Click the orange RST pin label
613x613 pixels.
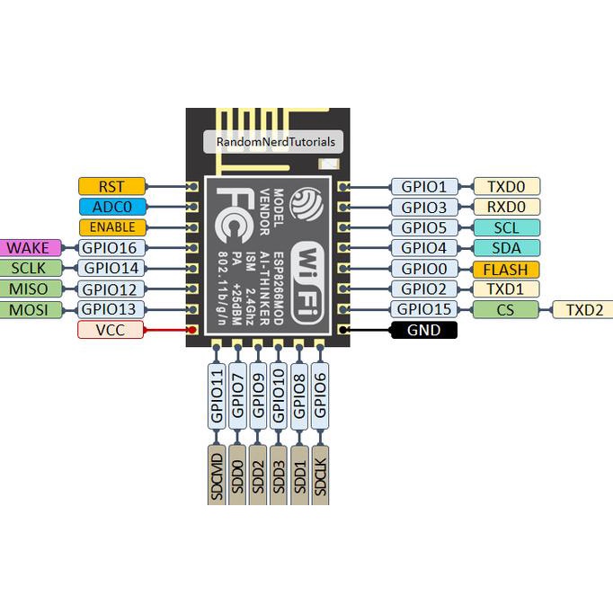(x=111, y=186)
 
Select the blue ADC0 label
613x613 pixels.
(x=111, y=207)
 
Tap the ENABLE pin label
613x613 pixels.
(x=111, y=227)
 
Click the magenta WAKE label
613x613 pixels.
(x=30, y=247)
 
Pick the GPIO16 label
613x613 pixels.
(x=110, y=247)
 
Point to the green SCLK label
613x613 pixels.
(x=30, y=268)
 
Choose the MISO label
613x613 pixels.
(x=30, y=289)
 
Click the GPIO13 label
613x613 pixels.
(x=110, y=309)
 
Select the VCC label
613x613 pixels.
(x=111, y=330)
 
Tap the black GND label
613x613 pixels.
(x=424, y=330)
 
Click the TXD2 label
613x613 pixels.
(x=583, y=310)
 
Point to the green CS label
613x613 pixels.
(x=505, y=310)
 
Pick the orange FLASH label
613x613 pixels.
(x=505, y=269)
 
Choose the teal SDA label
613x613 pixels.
(x=505, y=248)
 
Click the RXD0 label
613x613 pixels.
(x=505, y=208)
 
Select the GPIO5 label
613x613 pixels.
(x=423, y=227)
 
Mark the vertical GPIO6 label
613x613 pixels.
(x=320, y=396)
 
